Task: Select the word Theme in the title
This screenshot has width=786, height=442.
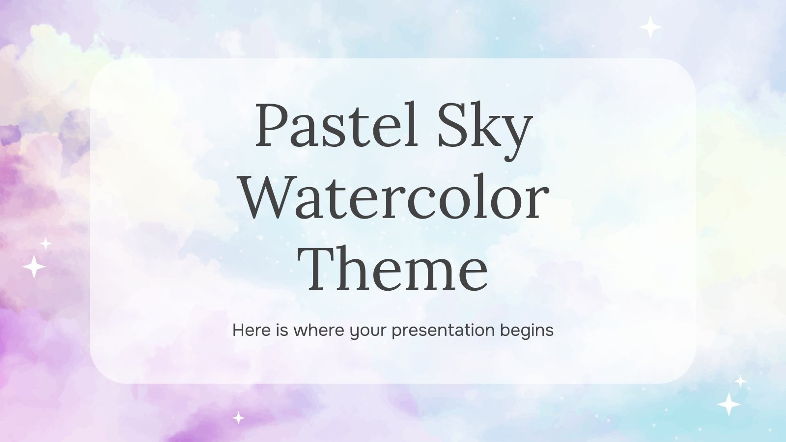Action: [x=395, y=268]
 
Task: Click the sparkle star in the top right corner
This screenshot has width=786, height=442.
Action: [x=650, y=27]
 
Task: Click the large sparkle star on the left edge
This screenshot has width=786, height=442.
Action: [x=34, y=267]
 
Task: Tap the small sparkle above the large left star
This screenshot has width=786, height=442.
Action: [x=46, y=244]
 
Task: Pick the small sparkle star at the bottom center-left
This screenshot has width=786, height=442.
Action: [x=238, y=418]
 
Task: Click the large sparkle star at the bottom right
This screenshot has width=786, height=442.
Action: [x=729, y=404]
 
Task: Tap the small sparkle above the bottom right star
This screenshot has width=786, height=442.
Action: [x=740, y=381]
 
